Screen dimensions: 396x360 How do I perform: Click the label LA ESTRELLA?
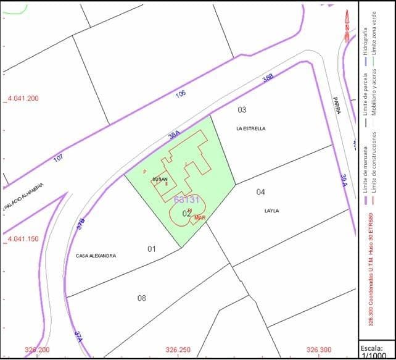(x=250, y=129)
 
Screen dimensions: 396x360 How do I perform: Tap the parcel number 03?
(x=242, y=110)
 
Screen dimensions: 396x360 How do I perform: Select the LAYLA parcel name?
(x=271, y=211)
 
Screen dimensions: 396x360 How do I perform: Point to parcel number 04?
(x=261, y=192)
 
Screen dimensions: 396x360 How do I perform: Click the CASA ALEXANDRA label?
(x=96, y=256)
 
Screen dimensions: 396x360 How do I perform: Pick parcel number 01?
(x=151, y=249)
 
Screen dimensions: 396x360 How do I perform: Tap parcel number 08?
(x=142, y=298)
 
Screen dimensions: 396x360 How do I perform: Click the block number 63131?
(x=187, y=199)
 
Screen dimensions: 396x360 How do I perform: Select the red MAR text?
(x=199, y=218)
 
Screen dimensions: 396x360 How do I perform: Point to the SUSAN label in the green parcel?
(x=160, y=179)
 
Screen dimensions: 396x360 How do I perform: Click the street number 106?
(x=180, y=94)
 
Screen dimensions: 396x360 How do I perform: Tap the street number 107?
(x=59, y=158)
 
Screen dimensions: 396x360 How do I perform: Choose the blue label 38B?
(x=267, y=79)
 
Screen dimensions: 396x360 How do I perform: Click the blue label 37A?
(x=78, y=337)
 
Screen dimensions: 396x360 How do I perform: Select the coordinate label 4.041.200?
(x=23, y=98)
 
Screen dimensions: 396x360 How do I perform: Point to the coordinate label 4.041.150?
(x=23, y=239)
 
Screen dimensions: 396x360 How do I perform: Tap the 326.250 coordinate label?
(x=178, y=350)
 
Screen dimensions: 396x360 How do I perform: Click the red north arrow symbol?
(x=347, y=25)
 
